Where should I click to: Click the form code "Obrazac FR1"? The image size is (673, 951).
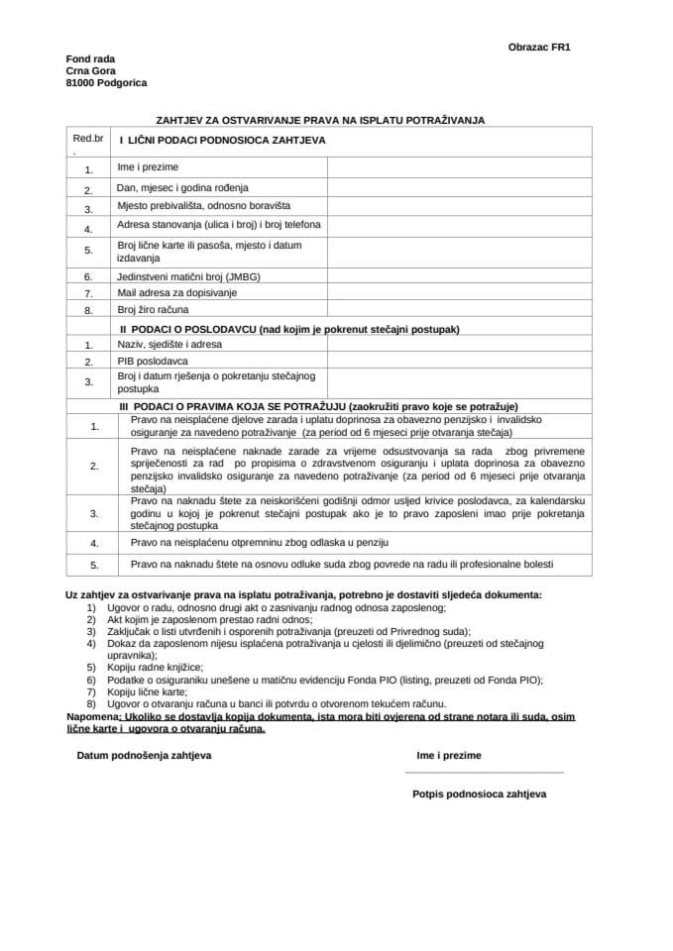538,47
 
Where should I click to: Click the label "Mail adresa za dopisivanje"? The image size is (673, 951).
177,292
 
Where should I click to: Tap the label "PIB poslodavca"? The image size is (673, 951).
153,362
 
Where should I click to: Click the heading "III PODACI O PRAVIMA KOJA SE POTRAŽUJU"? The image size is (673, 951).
318,406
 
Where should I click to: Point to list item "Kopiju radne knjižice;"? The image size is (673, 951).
149,668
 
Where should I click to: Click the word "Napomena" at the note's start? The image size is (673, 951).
91,715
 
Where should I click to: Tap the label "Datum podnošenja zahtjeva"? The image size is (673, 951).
144,755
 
